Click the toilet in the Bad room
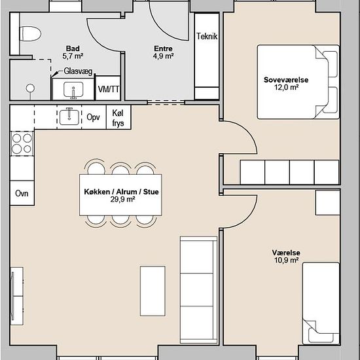pos(30,34)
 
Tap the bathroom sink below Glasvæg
pos(73,89)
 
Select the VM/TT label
pos(109,89)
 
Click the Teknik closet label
pos(207,36)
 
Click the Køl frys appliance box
pos(118,118)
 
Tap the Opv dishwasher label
pos(93,117)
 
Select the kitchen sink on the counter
pos(69,117)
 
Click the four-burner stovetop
pos(22,144)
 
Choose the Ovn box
pos(22,193)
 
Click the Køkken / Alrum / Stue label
pos(121,192)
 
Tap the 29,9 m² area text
pos(122,199)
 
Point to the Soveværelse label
pos(286,80)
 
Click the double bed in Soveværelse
pos(298,82)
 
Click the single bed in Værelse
pos(321,303)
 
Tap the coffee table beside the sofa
pos(153,291)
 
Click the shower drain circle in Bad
pos(30,88)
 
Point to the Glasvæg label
pos(78,71)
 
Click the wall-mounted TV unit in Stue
pos(16,296)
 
